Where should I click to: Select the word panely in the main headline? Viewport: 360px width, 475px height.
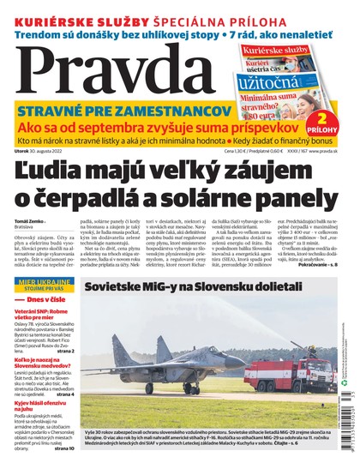[x=303, y=205]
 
